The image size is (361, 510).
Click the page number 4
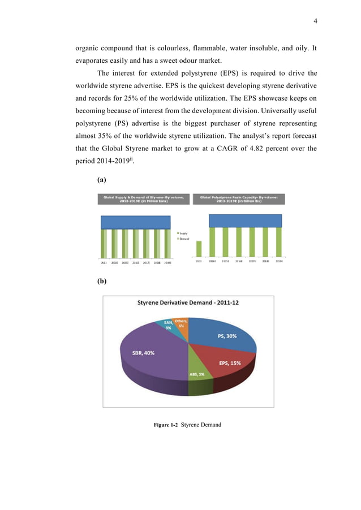[x=315, y=21]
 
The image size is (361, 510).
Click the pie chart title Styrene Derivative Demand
[x=188, y=302]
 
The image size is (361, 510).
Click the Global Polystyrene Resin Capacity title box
[x=239, y=199]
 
